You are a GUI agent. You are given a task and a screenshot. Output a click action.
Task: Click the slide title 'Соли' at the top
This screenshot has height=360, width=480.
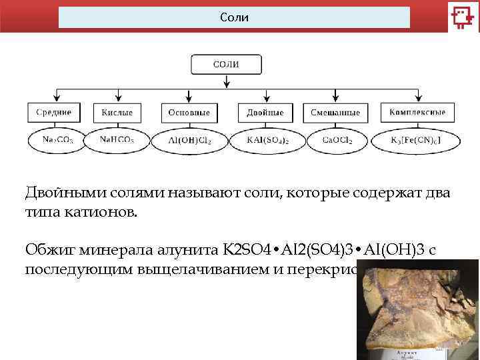click(x=234, y=17)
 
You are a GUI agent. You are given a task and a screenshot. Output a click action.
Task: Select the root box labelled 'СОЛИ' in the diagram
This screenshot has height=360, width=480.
click(x=226, y=65)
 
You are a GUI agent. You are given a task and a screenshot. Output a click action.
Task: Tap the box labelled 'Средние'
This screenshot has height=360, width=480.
click(x=54, y=112)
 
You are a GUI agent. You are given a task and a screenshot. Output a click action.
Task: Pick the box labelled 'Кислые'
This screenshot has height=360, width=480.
click(x=117, y=112)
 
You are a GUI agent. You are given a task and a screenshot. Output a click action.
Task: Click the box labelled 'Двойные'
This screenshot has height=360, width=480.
click(x=265, y=112)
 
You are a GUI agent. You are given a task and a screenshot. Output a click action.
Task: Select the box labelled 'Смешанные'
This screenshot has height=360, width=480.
click(x=335, y=112)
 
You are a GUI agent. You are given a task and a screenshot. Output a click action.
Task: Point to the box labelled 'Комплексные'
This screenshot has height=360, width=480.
click(x=417, y=112)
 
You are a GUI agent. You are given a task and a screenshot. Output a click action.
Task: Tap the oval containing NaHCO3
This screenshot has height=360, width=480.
click(x=117, y=140)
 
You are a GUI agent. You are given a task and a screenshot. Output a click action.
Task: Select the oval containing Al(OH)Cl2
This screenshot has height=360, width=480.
click(x=190, y=141)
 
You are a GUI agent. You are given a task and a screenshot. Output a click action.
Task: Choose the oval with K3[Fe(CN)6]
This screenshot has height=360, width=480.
click(x=415, y=141)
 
